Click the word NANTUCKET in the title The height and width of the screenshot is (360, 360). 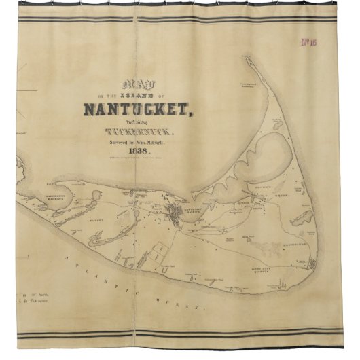[139, 108]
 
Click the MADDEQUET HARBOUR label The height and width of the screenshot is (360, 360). [50, 199]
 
